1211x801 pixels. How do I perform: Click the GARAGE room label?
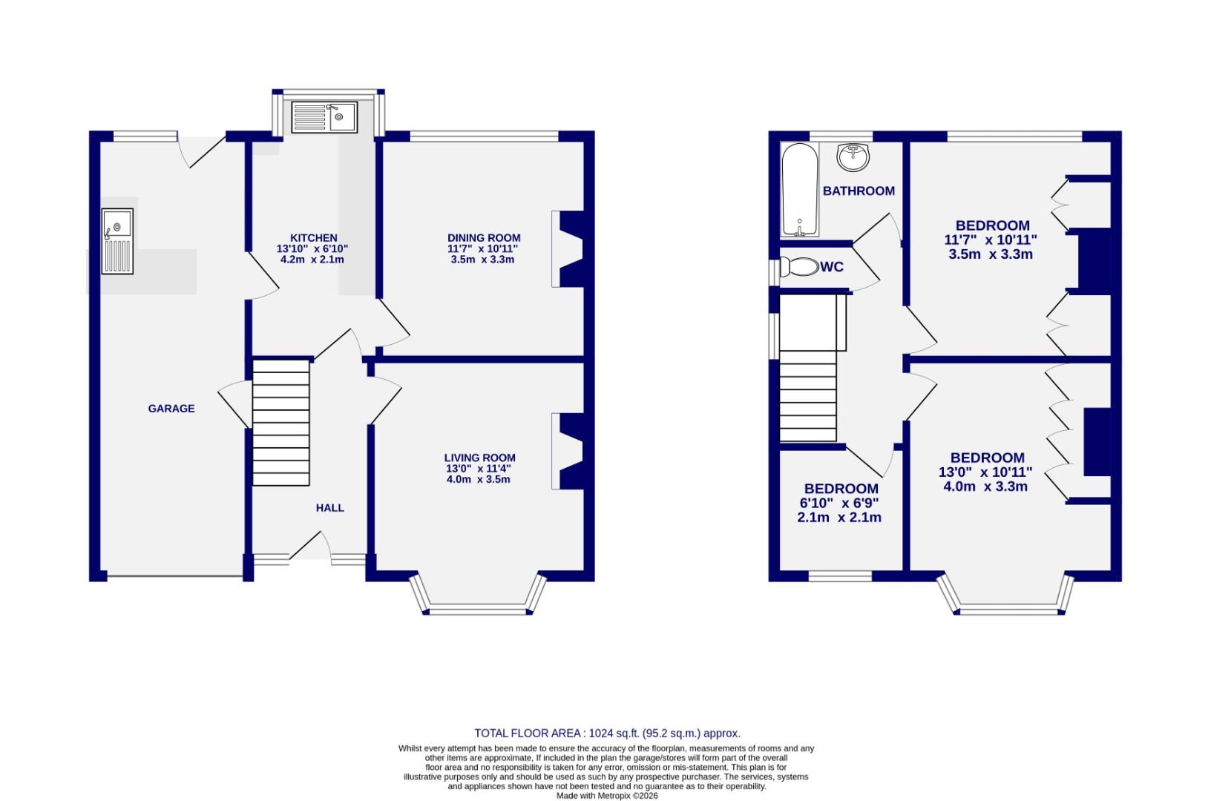tap(171, 409)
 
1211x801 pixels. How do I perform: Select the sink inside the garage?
tap(117, 241)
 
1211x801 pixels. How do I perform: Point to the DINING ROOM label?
tap(483, 238)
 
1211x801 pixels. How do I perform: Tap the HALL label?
tap(330, 508)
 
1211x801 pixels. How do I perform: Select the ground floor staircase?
tap(281, 422)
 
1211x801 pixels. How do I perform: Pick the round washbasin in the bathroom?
tap(853, 156)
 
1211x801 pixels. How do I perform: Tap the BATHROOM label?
tap(859, 191)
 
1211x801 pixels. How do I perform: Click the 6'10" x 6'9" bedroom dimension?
tap(839, 503)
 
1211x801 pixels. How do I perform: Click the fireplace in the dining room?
tap(569, 249)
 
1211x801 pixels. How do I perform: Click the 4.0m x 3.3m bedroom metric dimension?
tap(985, 487)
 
